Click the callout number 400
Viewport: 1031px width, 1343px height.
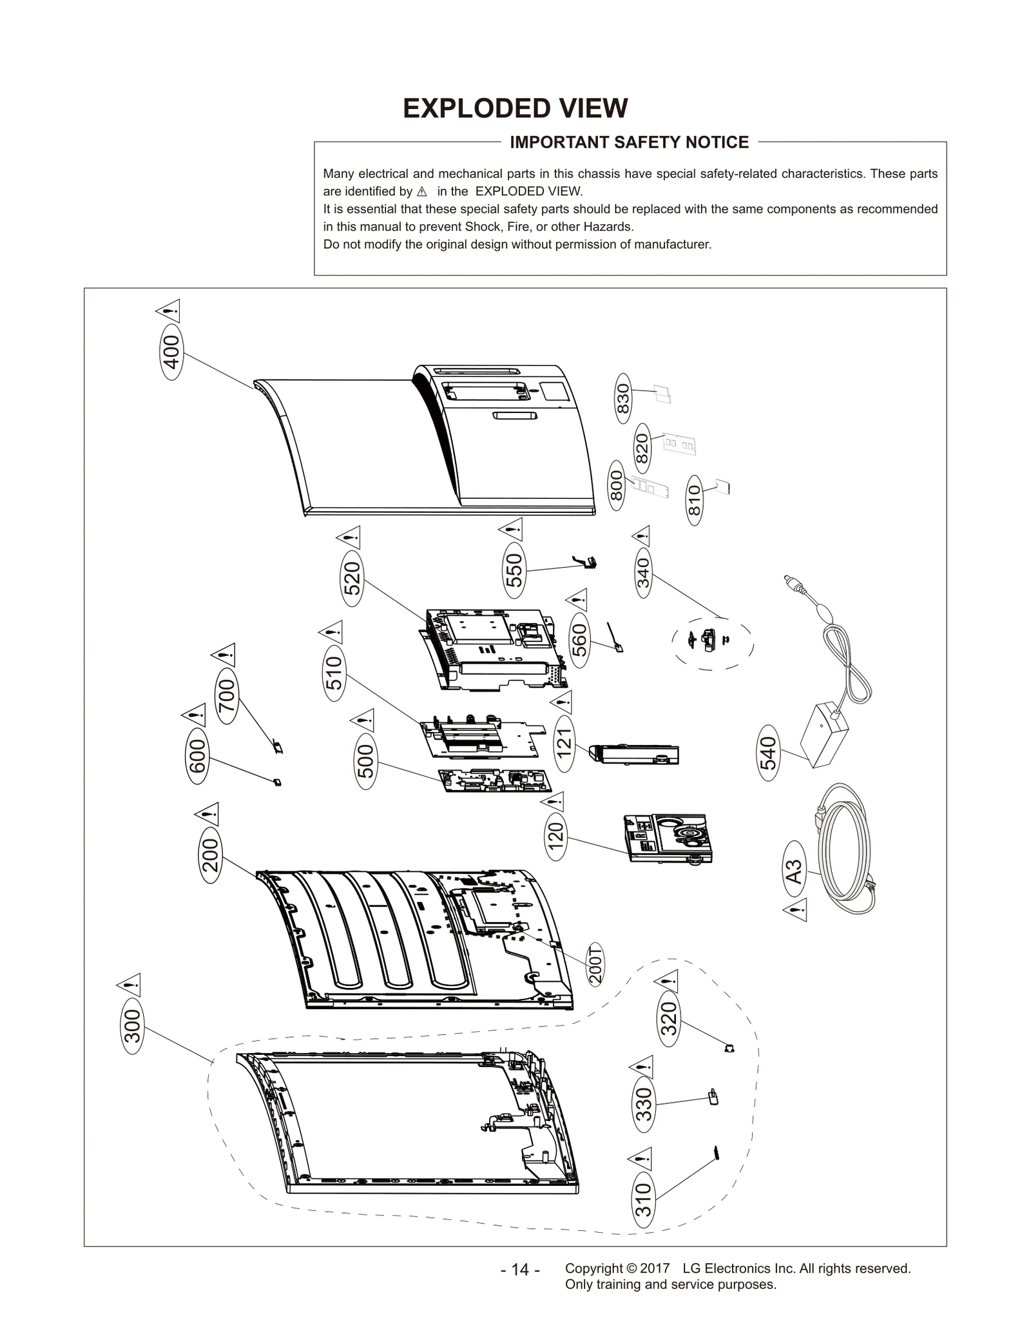coord(171,353)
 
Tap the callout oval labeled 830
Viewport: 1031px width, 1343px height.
coord(623,398)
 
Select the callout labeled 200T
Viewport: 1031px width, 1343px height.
coord(596,965)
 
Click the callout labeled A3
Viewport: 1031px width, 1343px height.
coord(795,872)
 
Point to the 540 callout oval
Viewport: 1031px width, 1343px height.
coord(769,753)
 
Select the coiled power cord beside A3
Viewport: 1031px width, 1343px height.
coord(844,851)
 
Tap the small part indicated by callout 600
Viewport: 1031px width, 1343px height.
coord(277,782)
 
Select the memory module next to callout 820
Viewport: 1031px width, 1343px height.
coord(679,445)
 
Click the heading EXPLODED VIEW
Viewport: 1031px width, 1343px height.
coord(515,108)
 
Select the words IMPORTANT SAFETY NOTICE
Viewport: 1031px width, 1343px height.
coord(629,142)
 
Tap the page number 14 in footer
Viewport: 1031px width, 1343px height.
coord(520,1270)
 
